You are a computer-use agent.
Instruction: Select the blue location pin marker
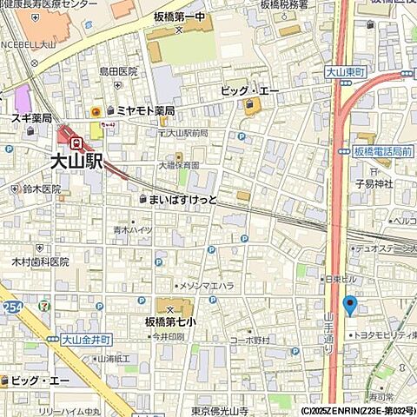pyautogui.click(x=349, y=305)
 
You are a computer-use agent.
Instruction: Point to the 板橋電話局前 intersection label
pyautogui.click(x=382, y=151)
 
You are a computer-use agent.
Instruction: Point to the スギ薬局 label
pyautogui.click(x=32, y=118)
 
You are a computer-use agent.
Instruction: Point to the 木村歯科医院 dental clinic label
pyautogui.click(x=41, y=261)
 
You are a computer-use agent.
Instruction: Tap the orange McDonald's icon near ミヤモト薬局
pyautogui.click(x=96, y=111)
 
